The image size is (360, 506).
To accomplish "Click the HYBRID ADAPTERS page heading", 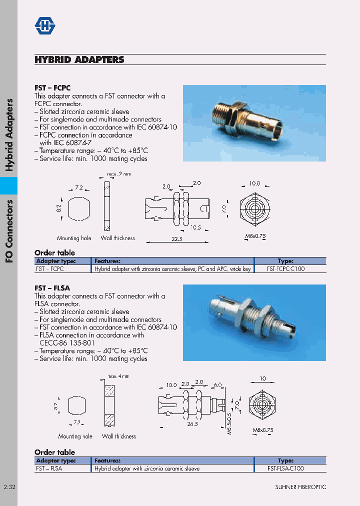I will [79, 59].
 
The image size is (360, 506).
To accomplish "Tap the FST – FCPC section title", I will [52, 87].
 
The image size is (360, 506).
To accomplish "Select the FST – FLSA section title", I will [52, 288].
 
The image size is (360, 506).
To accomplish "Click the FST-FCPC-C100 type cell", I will [285, 268].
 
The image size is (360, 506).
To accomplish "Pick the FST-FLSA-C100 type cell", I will [285, 468].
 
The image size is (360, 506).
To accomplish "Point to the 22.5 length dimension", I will [177, 239].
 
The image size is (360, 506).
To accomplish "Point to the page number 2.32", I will [9, 487].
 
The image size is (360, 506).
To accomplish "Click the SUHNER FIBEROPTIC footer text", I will [300, 487].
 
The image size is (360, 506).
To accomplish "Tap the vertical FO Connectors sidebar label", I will [9, 230].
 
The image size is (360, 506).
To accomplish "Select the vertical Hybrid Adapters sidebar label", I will [9, 135].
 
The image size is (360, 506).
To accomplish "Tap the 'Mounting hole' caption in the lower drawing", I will [75, 436].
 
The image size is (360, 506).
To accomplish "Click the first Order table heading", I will [54, 252].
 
